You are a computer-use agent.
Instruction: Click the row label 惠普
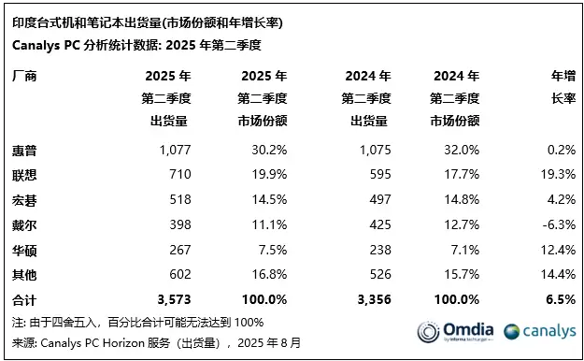[25, 150]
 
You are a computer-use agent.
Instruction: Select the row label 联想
[25, 175]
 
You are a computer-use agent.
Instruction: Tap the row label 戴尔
[25, 225]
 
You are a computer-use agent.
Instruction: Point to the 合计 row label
[25, 300]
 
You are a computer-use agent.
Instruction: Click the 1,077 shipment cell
[173, 150]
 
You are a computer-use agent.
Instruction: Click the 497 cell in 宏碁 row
[375, 200]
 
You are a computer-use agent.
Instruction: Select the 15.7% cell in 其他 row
[460, 275]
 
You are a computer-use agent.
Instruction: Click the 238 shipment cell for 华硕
[375, 250]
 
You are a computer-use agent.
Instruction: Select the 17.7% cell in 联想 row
[460, 175]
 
